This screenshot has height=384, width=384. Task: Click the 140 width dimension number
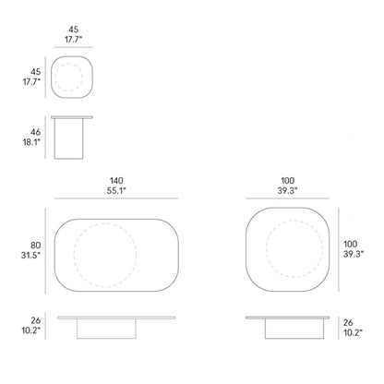click(x=116, y=181)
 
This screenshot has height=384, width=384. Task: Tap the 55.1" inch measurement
click(x=116, y=191)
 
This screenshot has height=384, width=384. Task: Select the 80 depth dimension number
click(x=35, y=246)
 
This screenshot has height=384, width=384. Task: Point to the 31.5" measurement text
click(x=30, y=256)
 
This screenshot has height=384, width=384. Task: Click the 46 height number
click(x=35, y=132)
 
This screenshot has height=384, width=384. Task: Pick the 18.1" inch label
click(x=31, y=142)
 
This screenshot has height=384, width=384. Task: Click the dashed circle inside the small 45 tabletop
click(x=68, y=64)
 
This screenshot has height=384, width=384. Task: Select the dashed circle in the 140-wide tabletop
click(x=105, y=223)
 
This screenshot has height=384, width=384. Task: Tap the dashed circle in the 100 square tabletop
click(x=294, y=221)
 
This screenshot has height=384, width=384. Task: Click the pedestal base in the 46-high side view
click(x=68, y=138)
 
